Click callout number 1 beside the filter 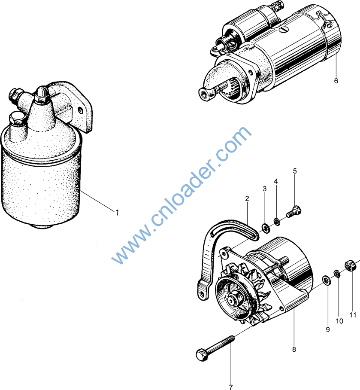click(x=117, y=213)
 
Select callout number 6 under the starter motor click(x=336, y=81)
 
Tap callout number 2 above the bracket click(x=247, y=198)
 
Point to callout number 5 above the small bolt click(x=295, y=171)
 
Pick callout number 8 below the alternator click(x=294, y=350)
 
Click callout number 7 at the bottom click(x=230, y=387)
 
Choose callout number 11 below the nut click(x=353, y=315)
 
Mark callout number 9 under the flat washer click(x=328, y=329)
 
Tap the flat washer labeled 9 click(x=326, y=280)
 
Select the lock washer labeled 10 click(x=337, y=274)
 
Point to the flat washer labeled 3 click(x=266, y=228)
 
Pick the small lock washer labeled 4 click(x=277, y=221)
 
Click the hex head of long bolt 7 click(x=202, y=354)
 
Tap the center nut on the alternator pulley click(x=233, y=299)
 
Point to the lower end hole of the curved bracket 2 click(x=202, y=295)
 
